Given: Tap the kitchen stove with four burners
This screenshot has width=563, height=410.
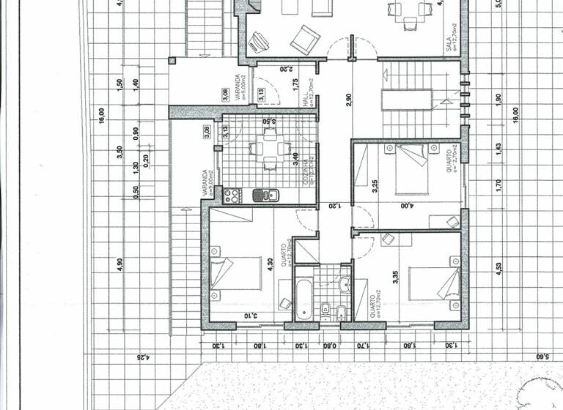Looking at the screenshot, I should coord(232,195).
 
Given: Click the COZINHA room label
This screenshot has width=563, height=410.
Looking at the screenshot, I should coord(312,172).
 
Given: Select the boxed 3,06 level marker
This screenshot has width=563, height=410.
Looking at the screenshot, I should coord(207,133).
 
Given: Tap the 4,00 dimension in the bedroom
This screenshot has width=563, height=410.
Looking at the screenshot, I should coord(405,206).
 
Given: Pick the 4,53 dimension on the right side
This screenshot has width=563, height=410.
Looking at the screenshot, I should coord(498,270).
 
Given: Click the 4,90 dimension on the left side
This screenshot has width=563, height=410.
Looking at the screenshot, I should coord(119,264).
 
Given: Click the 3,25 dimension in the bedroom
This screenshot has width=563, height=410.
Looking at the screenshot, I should coord(374,186).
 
